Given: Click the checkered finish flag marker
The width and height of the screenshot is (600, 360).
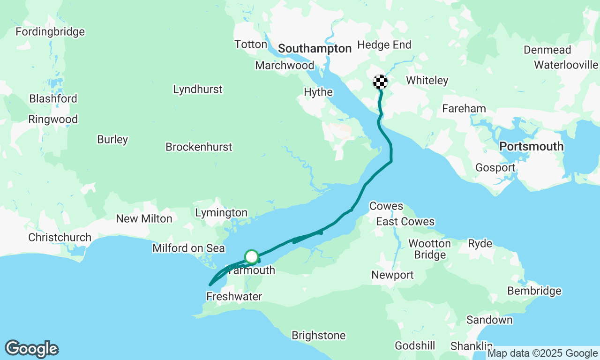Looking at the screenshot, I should [380, 82].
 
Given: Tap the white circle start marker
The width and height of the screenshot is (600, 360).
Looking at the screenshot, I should [252, 257].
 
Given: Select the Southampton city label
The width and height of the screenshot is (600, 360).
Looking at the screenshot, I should [315, 49].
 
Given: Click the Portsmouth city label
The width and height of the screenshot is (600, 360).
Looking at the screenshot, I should [531, 146].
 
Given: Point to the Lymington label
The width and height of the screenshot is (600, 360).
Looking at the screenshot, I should [221, 213].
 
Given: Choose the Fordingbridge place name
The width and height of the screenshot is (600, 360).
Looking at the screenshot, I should [50, 32].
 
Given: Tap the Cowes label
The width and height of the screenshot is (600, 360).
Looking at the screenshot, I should [386, 206].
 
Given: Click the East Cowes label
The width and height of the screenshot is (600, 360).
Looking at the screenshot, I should [405, 222].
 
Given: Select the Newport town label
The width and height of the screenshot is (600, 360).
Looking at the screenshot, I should [392, 275].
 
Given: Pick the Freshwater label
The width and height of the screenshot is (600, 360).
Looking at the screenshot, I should [234, 297].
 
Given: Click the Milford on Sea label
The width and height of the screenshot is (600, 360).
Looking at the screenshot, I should [188, 248].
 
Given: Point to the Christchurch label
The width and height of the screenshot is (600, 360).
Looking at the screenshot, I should [60, 238].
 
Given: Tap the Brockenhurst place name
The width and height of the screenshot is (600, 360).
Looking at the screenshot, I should [199, 147].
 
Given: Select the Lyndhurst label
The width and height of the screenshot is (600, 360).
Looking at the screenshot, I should [198, 90].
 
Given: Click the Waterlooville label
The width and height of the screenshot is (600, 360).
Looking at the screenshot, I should [566, 65].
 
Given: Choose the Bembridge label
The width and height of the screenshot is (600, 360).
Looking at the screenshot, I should [534, 291].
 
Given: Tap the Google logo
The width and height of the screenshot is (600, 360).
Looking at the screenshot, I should [31, 349].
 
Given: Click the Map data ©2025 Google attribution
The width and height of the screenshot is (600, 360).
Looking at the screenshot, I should [542, 353].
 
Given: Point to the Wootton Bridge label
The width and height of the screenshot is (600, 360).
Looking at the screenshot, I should [430, 249].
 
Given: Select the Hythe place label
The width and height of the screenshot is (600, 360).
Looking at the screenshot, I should [318, 92].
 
